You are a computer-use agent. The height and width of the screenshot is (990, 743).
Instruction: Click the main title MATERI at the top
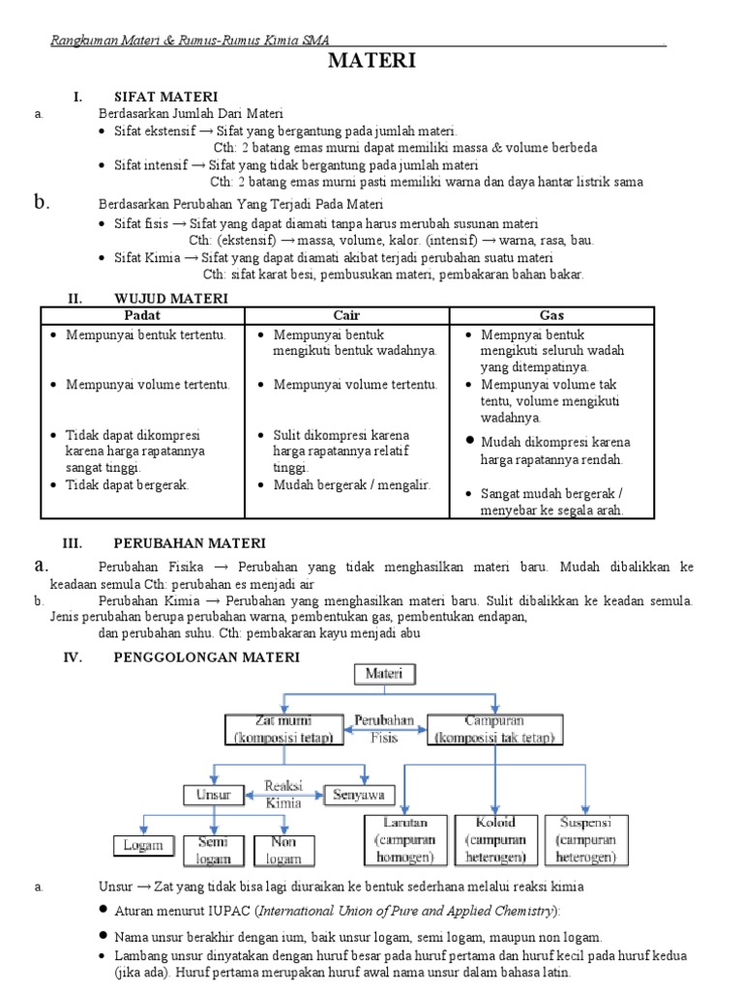pos(371,62)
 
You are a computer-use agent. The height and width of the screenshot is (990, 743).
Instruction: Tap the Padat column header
pos(142,315)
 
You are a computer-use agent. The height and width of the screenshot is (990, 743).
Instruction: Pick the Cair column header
pos(346,315)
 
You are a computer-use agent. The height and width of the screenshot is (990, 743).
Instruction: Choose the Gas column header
pos(551,315)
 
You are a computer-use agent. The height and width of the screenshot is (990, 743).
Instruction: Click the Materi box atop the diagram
pos(386,674)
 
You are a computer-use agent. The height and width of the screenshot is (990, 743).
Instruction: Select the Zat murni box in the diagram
pos(282,730)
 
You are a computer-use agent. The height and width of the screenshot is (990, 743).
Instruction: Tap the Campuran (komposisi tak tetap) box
pos(493,730)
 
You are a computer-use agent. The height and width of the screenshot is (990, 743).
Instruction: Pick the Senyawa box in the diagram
pos(357,795)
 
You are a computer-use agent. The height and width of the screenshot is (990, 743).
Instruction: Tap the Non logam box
pos(283,848)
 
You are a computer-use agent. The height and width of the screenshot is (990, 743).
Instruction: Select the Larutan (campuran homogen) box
pos(400,839)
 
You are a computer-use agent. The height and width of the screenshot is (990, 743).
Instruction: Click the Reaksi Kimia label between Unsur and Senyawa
pos(283,794)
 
